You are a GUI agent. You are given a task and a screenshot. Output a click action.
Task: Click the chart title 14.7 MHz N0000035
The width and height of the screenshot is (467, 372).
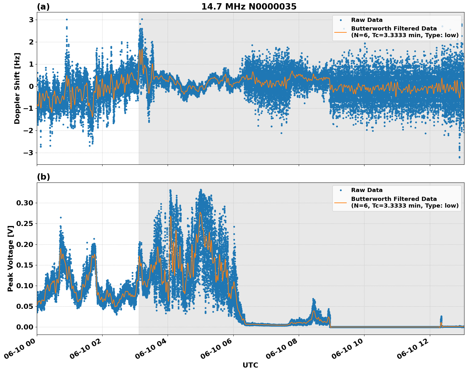[x=249, y=7]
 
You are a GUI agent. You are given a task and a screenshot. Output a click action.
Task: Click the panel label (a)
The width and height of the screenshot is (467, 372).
[x=43, y=7]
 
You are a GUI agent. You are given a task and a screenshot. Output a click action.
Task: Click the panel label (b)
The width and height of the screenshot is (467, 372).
[x=43, y=177]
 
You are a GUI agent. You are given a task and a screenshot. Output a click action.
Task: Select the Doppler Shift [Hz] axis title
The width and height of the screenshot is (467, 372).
[x=17, y=88]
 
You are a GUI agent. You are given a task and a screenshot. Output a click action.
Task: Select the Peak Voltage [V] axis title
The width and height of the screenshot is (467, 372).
[x=10, y=259]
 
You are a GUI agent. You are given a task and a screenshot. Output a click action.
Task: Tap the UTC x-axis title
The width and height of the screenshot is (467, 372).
[x=250, y=365]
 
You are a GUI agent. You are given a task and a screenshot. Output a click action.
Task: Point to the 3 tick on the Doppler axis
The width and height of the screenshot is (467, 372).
[x=31, y=20]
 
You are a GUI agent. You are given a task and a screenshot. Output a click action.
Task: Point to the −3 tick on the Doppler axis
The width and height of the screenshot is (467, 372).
[x=29, y=153]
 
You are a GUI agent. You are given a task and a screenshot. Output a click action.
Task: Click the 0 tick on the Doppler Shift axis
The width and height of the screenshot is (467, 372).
[x=31, y=86]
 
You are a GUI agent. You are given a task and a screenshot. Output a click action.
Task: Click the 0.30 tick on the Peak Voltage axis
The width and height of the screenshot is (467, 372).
[x=25, y=203]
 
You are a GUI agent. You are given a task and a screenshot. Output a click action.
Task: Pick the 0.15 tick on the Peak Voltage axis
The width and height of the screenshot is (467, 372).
[x=25, y=265]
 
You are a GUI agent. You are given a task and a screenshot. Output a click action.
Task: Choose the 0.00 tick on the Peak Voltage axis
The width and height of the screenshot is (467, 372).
[x=25, y=327]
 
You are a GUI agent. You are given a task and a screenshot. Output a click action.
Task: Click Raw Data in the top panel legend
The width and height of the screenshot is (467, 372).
[x=367, y=20]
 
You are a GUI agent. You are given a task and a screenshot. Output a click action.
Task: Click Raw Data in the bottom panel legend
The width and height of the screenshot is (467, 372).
[x=367, y=190]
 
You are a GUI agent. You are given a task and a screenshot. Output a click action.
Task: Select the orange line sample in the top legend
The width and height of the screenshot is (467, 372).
[x=341, y=32]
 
